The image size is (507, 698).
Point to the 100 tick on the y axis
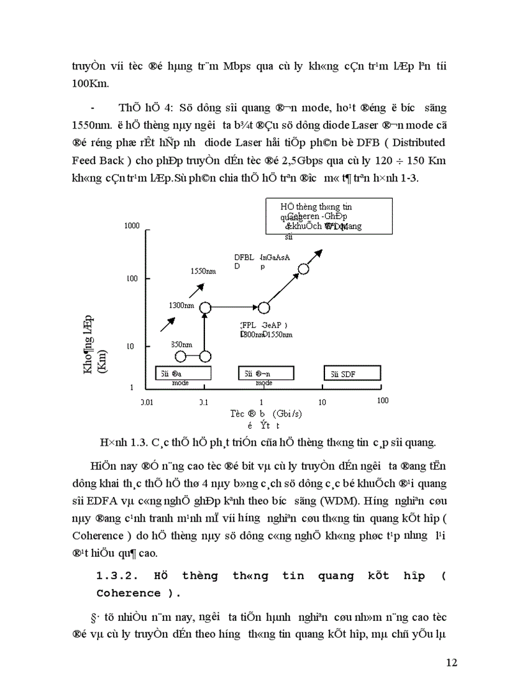pyautogui.click(x=132, y=278)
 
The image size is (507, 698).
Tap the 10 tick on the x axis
pyautogui.click(x=322, y=402)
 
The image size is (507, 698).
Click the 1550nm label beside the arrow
pyautogui.click(x=203, y=271)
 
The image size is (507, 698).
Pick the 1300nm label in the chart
pyautogui.click(x=181, y=306)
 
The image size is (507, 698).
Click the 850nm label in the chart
pyautogui.click(x=182, y=344)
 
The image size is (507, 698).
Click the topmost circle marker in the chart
pyautogui.click(x=304, y=269)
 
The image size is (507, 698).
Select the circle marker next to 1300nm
pyautogui.click(x=205, y=307)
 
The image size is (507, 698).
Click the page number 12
pyautogui.click(x=452, y=663)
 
